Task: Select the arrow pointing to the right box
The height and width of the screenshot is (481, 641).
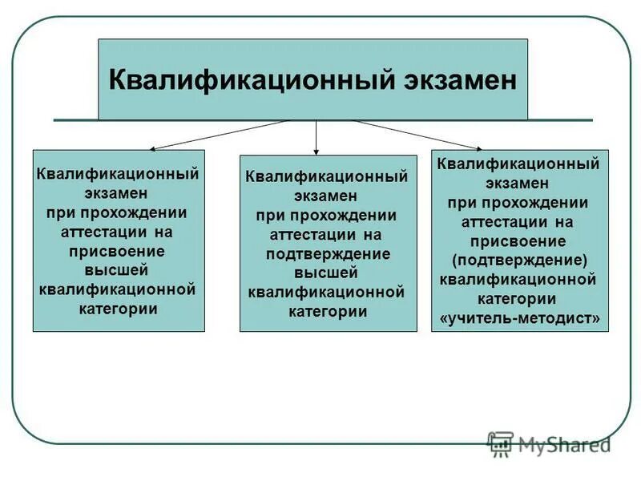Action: pyautogui.click(x=417, y=135)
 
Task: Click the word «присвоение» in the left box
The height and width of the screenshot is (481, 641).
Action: pyautogui.click(x=117, y=250)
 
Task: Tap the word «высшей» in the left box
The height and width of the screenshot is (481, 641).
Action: pyautogui.click(x=117, y=269)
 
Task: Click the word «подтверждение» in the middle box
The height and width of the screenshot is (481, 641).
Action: pyautogui.click(x=329, y=254)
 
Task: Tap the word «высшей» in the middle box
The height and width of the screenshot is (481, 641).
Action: pyautogui.click(x=328, y=273)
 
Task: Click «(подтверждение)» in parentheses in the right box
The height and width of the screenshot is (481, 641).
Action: pyautogui.click(x=519, y=261)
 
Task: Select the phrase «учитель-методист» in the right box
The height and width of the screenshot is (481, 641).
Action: pyautogui.click(x=519, y=318)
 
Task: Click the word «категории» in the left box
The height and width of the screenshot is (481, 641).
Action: pyautogui.click(x=118, y=308)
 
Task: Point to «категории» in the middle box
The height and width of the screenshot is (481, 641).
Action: pyautogui.click(x=328, y=312)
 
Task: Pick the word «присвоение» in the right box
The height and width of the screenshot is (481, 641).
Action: pyautogui.click(x=518, y=241)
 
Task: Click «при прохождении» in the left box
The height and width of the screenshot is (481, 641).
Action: pyautogui.click(x=117, y=212)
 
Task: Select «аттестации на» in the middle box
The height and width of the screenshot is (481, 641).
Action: pyautogui.click(x=328, y=235)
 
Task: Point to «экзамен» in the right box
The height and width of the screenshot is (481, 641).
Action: pyautogui.click(x=518, y=183)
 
